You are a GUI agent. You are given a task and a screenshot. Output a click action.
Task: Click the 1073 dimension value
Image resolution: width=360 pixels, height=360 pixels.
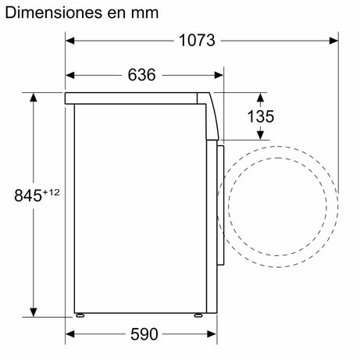(x=197, y=41)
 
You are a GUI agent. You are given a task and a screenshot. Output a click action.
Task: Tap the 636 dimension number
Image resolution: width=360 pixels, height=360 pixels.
(x=141, y=75)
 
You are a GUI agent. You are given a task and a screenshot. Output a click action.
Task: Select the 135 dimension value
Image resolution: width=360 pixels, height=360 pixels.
(x=261, y=116)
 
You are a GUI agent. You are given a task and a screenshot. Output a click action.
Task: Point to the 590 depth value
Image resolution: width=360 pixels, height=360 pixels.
(x=144, y=334)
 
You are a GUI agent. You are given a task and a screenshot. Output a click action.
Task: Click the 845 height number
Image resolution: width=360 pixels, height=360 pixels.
(x=28, y=195)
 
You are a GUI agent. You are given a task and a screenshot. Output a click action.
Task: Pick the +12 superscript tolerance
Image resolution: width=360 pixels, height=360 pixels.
(x=52, y=192)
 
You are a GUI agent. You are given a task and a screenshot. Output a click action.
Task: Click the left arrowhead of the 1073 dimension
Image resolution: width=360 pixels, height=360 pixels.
(x=70, y=41)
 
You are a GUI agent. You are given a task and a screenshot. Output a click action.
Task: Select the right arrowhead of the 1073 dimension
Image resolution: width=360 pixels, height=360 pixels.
(x=333, y=41)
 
